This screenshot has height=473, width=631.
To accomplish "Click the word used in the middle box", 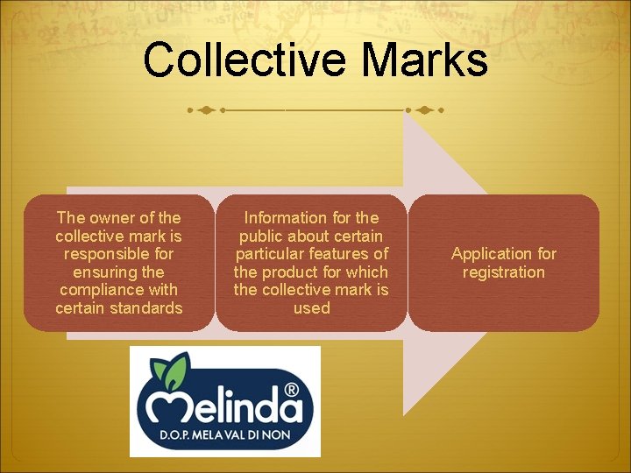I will point(312,307).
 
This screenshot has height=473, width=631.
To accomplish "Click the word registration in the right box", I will point(504,272).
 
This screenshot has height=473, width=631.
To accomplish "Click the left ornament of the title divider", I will point(205,111).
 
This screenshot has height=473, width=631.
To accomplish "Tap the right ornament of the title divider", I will point(424,111).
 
